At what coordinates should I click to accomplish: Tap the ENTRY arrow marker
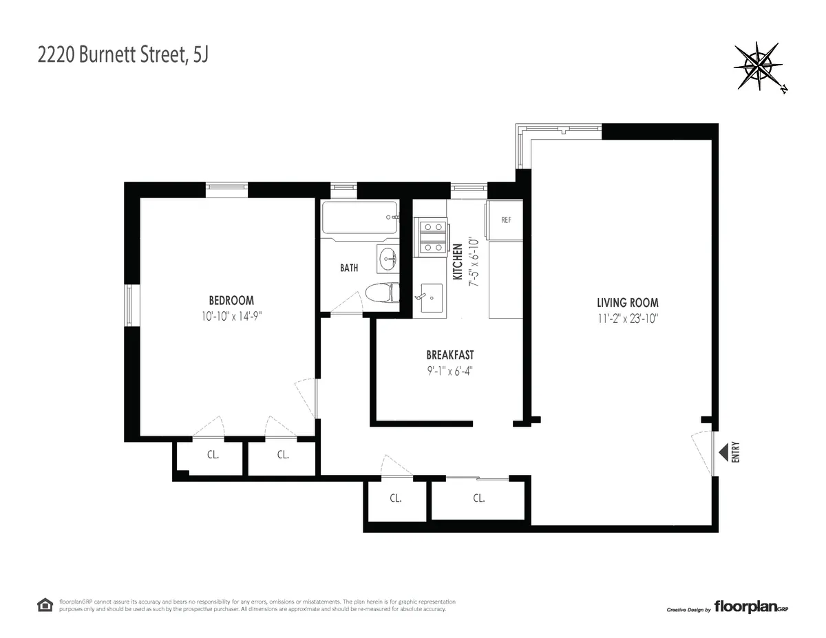pos(723,453)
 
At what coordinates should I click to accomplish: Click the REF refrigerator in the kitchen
pos(506,220)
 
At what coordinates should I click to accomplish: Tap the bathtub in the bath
pos(360,220)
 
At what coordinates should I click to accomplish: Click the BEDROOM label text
pos(231,301)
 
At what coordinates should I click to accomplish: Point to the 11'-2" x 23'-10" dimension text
pos(627,317)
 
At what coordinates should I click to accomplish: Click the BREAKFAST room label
pos(450,355)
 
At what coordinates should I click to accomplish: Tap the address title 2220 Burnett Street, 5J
pos(123,55)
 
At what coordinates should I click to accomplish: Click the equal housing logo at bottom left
pos(45,605)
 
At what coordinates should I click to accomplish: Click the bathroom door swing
pos(350,303)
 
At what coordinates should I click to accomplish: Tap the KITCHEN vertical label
pos(457,261)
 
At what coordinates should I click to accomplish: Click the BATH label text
pos(349,268)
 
